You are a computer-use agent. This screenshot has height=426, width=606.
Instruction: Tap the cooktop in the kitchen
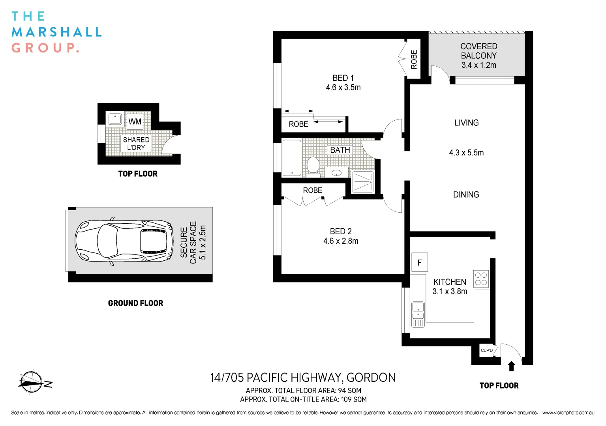481,279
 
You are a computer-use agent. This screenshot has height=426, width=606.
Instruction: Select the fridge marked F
419,262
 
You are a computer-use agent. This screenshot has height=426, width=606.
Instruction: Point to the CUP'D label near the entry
486,350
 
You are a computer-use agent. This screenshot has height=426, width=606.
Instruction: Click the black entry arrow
511,366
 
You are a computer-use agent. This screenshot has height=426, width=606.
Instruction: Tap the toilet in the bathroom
313,165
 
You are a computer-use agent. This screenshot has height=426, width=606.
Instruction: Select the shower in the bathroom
362,182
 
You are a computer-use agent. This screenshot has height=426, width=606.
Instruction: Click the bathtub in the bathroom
292,157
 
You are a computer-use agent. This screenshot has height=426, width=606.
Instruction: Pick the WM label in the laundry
135,121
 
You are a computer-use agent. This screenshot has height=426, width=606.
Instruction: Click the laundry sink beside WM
115,119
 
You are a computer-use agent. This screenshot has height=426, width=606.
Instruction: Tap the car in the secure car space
124,241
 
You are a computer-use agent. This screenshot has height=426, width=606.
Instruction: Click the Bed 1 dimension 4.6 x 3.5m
343,88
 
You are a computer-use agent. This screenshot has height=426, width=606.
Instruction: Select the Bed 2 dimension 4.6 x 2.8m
341,241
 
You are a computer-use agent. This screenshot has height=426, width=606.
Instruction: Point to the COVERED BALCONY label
478,51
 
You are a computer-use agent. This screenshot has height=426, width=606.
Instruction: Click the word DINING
466,195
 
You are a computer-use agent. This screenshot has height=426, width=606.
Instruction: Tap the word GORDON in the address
371,378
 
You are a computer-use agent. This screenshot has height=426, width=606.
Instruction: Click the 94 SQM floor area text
349,390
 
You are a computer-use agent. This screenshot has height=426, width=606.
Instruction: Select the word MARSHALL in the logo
57,32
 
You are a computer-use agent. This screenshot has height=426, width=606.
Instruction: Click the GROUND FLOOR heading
135,303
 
